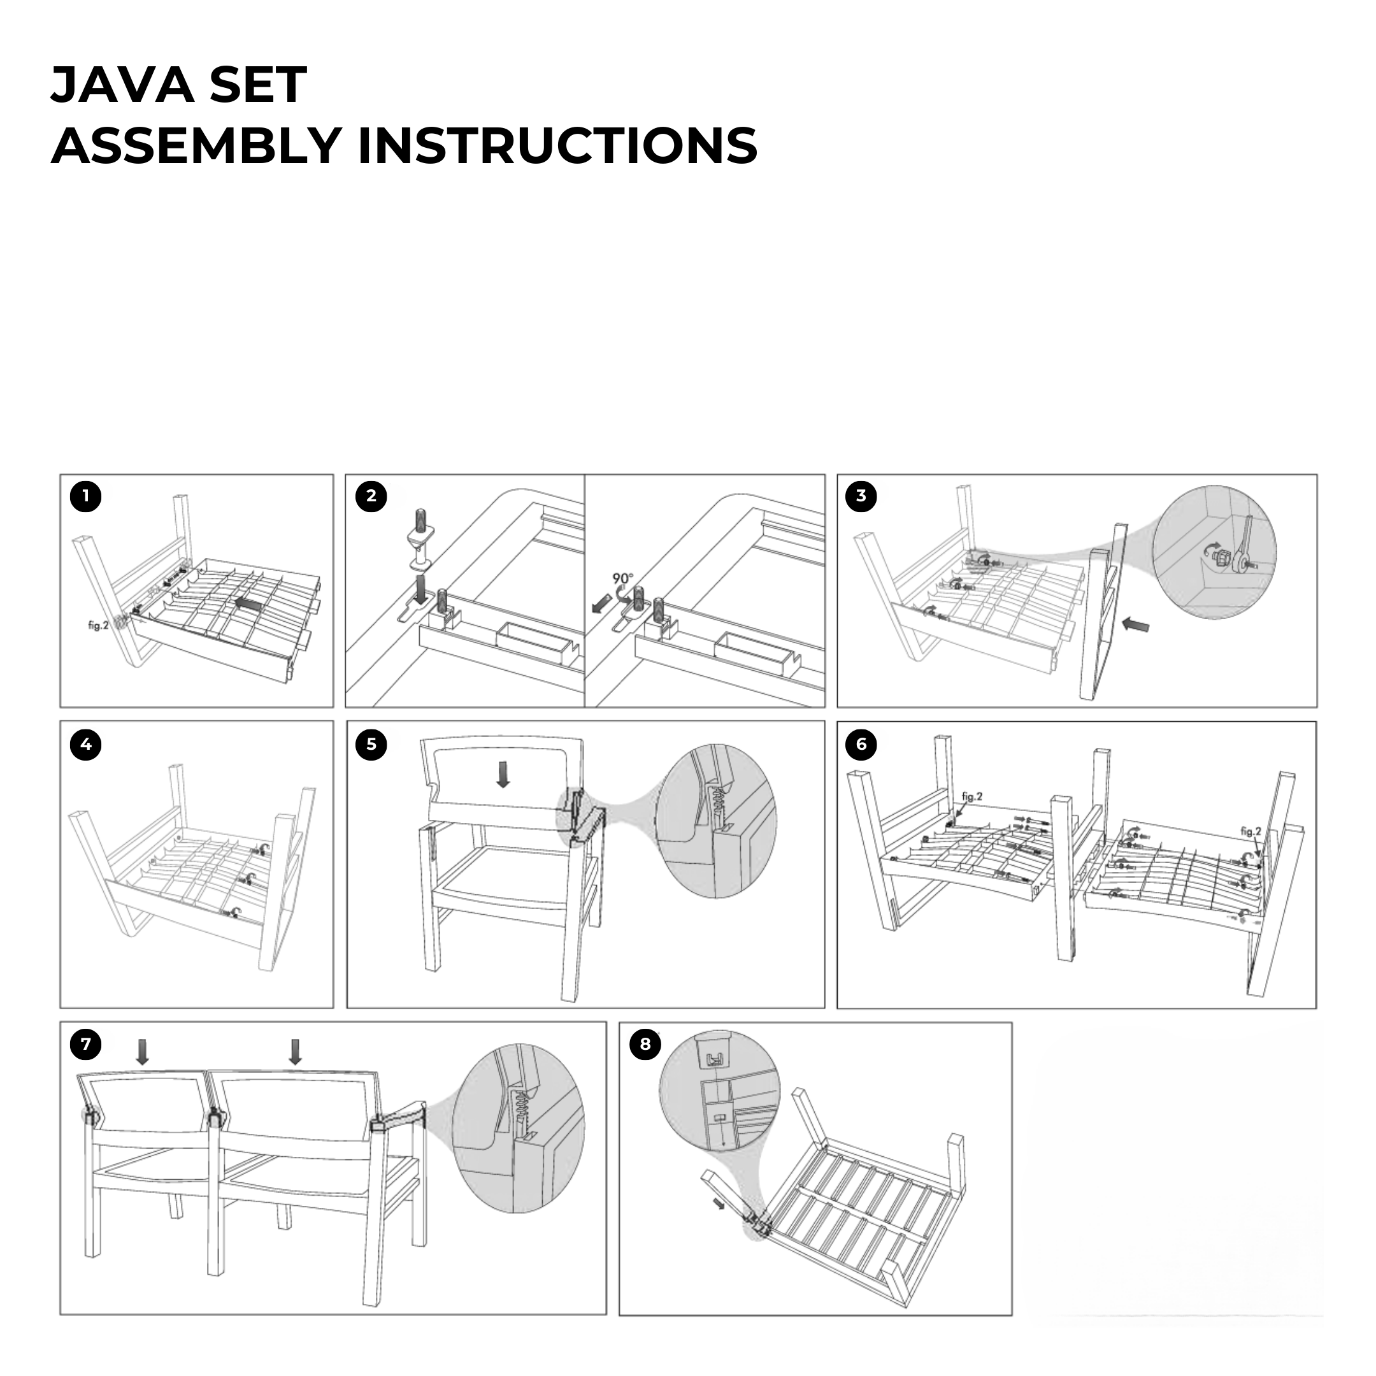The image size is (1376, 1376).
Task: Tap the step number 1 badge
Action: pyautogui.click(x=85, y=496)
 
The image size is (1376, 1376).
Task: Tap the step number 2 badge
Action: pyautogui.click(x=371, y=496)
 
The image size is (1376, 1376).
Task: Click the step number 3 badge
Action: pyautogui.click(x=861, y=496)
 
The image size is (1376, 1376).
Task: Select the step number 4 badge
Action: pyautogui.click(x=85, y=744)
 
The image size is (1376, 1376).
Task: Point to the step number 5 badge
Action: pyautogui.click(x=371, y=744)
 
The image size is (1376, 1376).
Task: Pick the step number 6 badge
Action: pyautogui.click(x=861, y=744)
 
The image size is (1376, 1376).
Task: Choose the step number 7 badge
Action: pyautogui.click(x=85, y=1044)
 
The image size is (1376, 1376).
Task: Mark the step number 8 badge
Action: pyautogui.click(x=645, y=1044)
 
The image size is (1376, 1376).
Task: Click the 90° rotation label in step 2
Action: pyautogui.click(x=622, y=579)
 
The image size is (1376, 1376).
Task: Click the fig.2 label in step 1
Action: pyautogui.click(x=98, y=626)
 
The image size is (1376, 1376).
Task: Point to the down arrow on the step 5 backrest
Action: pyautogui.click(x=503, y=774)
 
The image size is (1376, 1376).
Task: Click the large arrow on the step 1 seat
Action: pyautogui.click(x=247, y=603)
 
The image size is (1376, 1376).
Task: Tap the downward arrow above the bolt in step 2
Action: pyautogui.click(x=420, y=588)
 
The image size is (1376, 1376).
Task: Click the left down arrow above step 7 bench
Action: pyautogui.click(x=143, y=1051)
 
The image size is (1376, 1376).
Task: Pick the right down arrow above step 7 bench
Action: pyautogui.click(x=295, y=1051)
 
